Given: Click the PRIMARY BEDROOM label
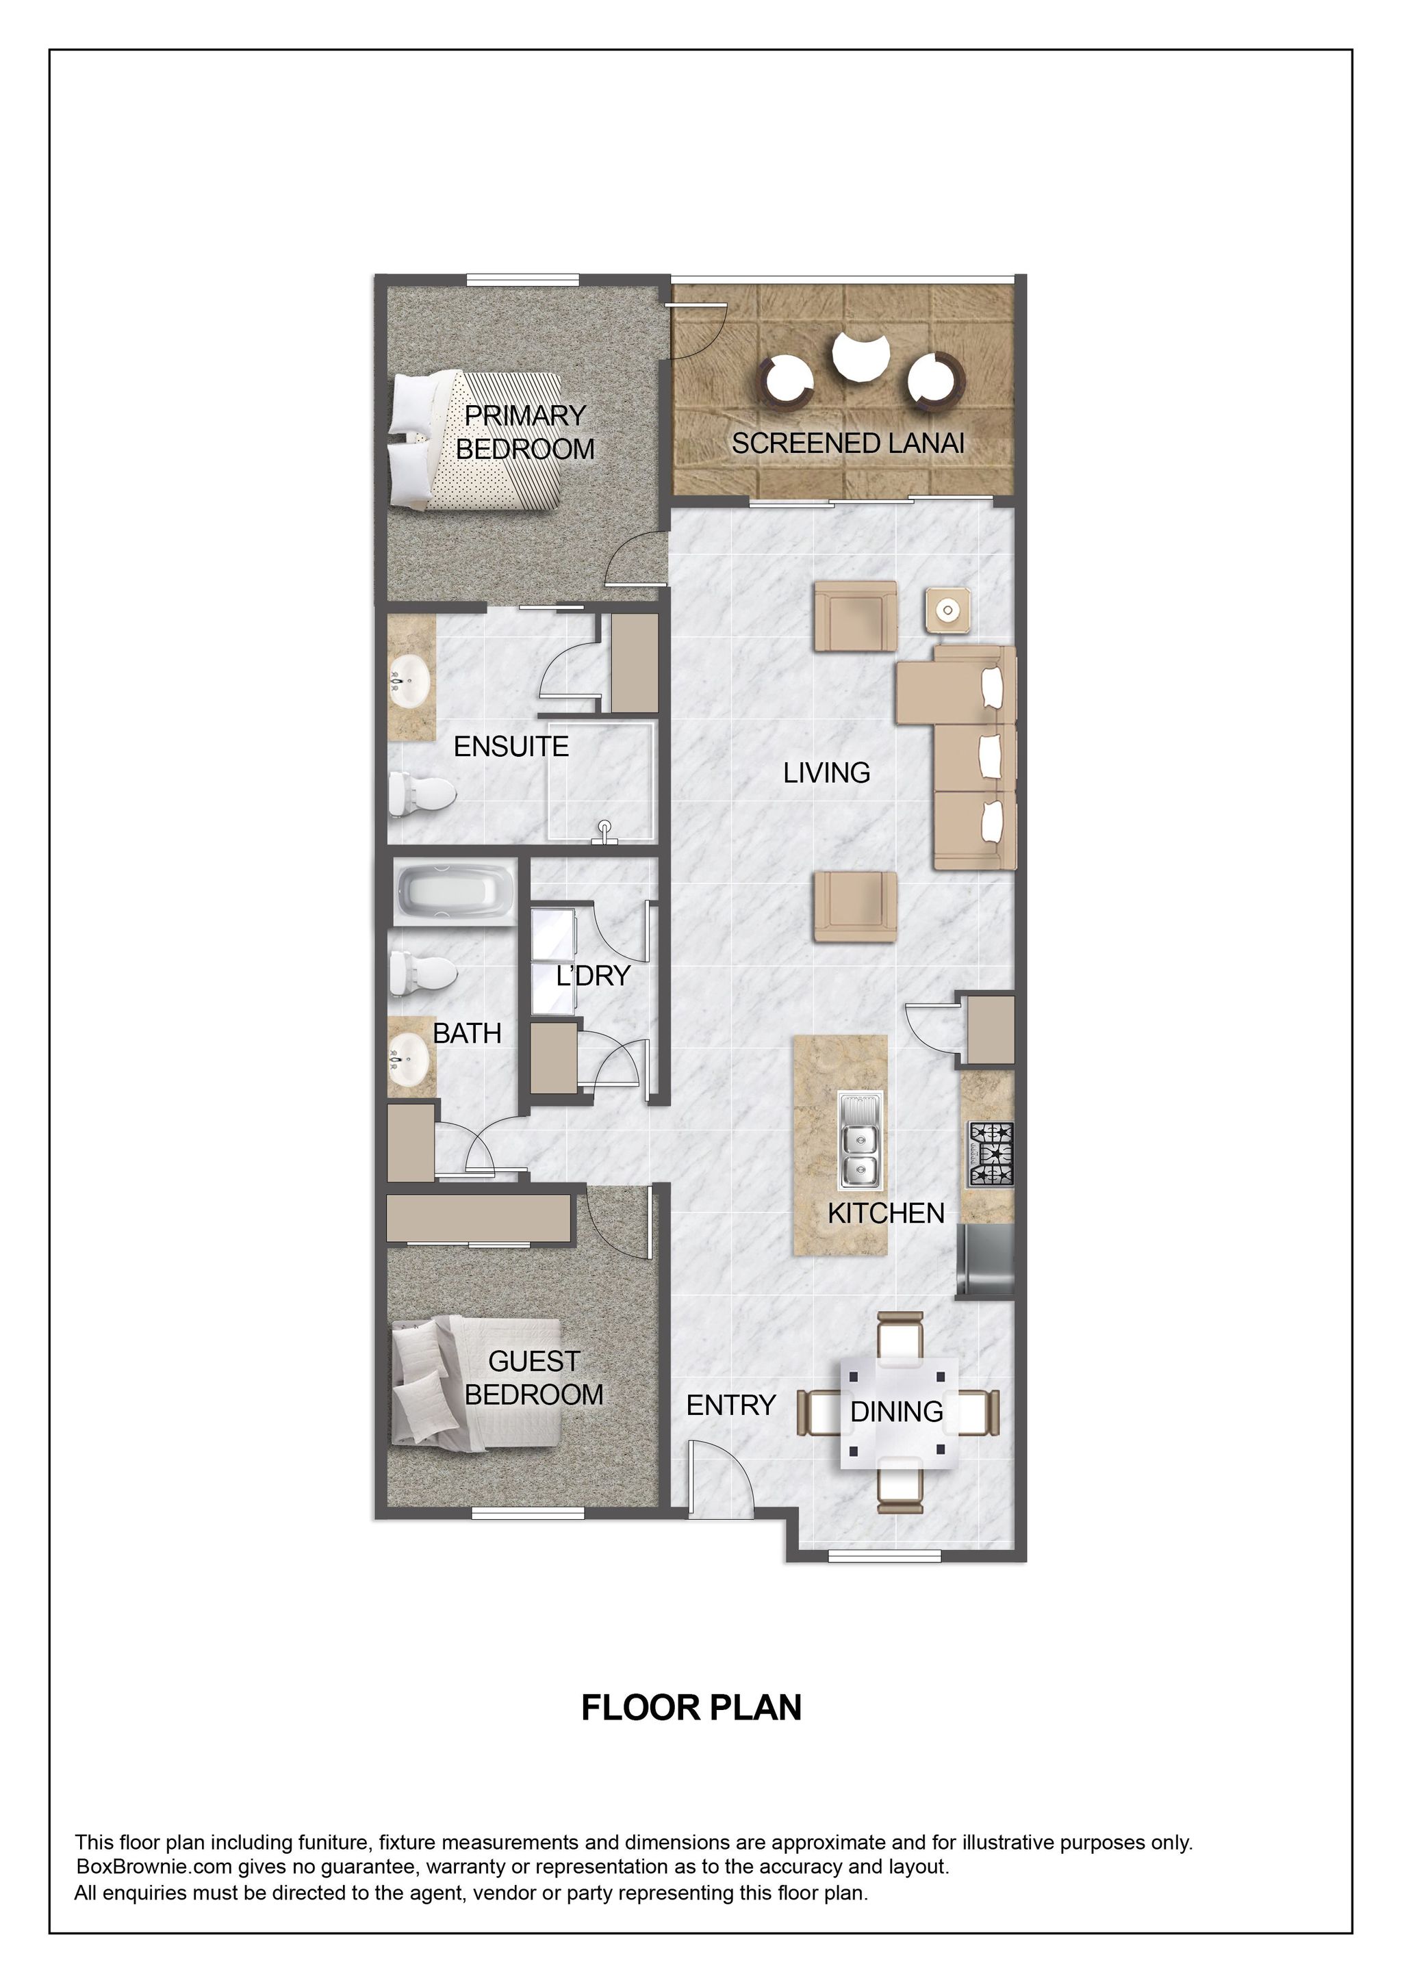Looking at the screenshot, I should pos(524,432).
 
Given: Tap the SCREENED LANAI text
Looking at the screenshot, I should pos(847,443).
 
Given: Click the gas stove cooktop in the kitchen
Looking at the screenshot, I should pos(991,1154).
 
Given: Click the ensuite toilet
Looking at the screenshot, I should pos(421,793).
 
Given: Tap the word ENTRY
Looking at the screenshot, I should pos(731,1405).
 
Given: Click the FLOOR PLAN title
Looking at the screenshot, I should pos(691,1707).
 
